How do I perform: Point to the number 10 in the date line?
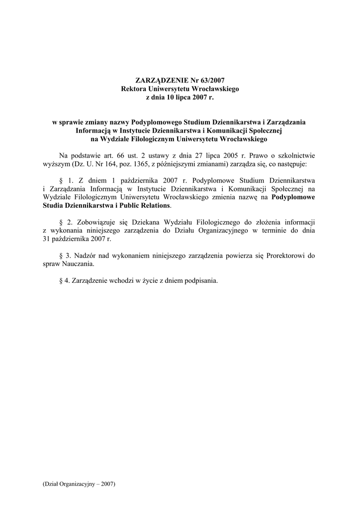click(x=171, y=97)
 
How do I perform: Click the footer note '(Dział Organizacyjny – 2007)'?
click(x=80, y=484)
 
